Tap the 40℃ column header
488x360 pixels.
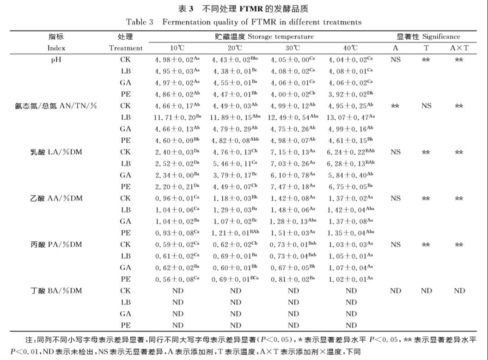[351, 48]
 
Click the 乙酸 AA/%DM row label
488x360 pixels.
[56, 198]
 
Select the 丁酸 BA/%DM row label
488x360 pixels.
[56, 291]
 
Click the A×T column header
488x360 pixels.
[459, 48]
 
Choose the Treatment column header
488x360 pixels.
[126, 48]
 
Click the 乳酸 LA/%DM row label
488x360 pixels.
[56, 152]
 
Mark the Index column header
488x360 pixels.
[56, 48]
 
